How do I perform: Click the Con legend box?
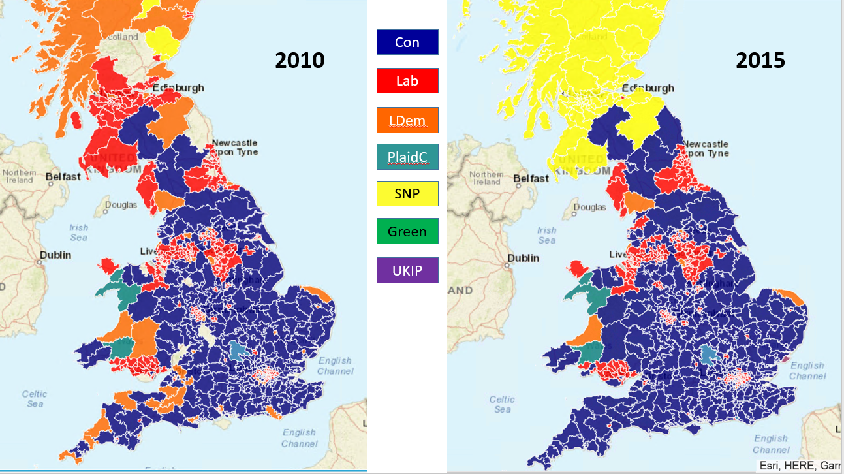pyautogui.click(x=407, y=42)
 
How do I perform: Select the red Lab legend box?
pyautogui.click(x=407, y=81)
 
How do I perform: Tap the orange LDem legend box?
pyautogui.click(x=407, y=120)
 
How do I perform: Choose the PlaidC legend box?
pyautogui.click(x=407, y=157)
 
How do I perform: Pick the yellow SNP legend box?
pyautogui.click(x=407, y=194)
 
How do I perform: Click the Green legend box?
pyautogui.click(x=407, y=231)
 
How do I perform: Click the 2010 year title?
pyautogui.click(x=300, y=60)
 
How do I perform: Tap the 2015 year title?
pyautogui.click(x=760, y=60)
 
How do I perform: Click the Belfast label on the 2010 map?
pyautogui.click(x=63, y=176)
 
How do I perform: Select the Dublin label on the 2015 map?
pyautogui.click(x=524, y=258)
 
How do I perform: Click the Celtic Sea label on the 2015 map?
pyautogui.click(x=502, y=404)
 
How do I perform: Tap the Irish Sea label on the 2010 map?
pyautogui.click(x=78, y=232)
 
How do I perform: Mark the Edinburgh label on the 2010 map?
pyautogui.click(x=178, y=87)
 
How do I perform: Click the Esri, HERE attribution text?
pyautogui.click(x=799, y=466)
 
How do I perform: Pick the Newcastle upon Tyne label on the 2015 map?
pyautogui.click(x=707, y=148)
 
